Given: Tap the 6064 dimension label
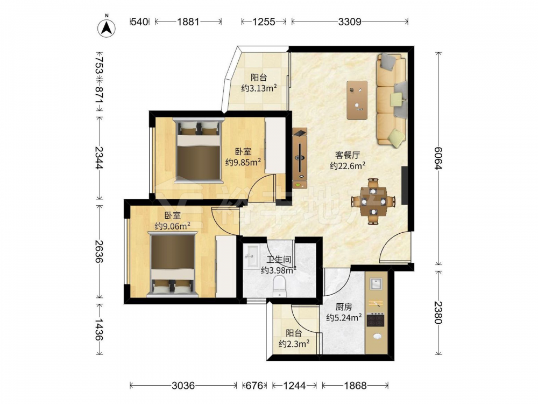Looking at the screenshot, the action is tap(438, 158).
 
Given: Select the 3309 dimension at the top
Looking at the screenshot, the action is tap(350, 22).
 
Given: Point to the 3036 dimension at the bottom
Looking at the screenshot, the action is tap(183, 386).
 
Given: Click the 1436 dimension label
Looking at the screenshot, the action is tap(99, 330).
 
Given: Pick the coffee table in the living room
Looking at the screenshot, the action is tap(357, 100).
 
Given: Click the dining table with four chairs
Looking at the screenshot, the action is tap(373, 201).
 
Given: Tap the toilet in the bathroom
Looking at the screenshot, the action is tap(279, 287).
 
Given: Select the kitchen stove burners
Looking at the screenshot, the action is tap(376, 320).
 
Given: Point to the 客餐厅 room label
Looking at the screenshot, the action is tap(347, 155).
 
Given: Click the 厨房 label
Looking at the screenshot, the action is tap(344, 307).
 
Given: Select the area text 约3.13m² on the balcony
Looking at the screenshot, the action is tap(259, 89).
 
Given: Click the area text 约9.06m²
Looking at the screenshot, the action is tap(173, 226).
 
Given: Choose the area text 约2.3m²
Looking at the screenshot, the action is tap(294, 344).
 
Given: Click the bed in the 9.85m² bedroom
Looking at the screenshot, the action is tap(199, 150).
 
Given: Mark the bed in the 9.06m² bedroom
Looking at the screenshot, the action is tap(173, 264).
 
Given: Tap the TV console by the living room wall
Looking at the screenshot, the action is tap(300, 158).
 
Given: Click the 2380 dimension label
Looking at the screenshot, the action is tap(438, 312).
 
